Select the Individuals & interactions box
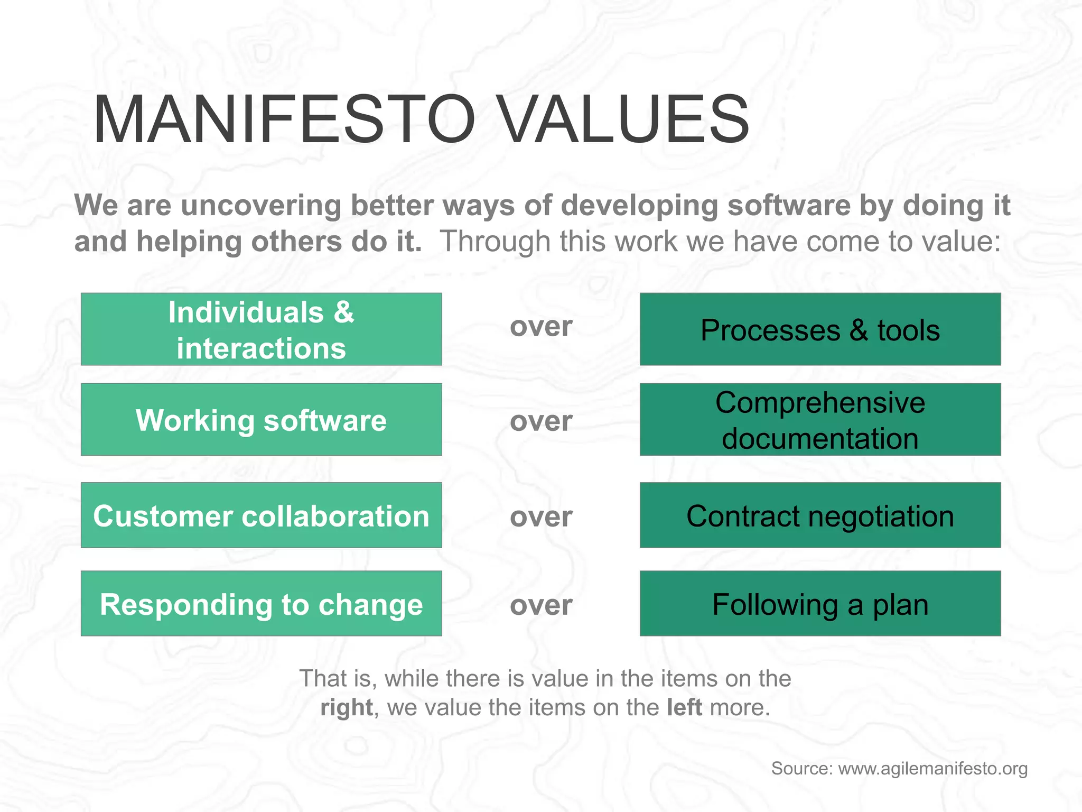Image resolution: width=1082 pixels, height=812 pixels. pyautogui.click(x=261, y=329)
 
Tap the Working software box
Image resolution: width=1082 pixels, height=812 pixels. pyautogui.click(x=261, y=420)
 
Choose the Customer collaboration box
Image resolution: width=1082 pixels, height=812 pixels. pyautogui.click(x=261, y=515)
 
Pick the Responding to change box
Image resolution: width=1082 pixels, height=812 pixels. pyautogui.click(x=261, y=604)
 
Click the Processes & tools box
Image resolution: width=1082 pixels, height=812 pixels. pyautogui.click(x=820, y=329)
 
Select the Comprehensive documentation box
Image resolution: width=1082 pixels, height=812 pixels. pyautogui.click(x=820, y=420)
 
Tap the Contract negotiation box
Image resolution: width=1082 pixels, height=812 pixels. pyautogui.click(x=820, y=515)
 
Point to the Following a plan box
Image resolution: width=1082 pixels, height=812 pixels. pyautogui.click(x=820, y=604)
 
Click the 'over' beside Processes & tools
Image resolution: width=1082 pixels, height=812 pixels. pyautogui.click(x=541, y=327)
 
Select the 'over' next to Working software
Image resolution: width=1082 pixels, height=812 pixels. pyautogui.click(x=541, y=421)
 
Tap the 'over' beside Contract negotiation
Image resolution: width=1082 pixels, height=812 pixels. pyautogui.click(x=541, y=516)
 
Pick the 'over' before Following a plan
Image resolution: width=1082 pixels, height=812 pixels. pyautogui.click(x=541, y=605)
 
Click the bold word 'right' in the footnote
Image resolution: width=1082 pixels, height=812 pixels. pyautogui.click(x=347, y=708)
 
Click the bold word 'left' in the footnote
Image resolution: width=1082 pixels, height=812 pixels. pyautogui.click(x=684, y=707)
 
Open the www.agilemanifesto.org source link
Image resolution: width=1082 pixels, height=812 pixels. pyautogui.click(x=932, y=769)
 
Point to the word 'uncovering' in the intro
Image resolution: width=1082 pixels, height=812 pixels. pyautogui.click(x=261, y=206)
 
